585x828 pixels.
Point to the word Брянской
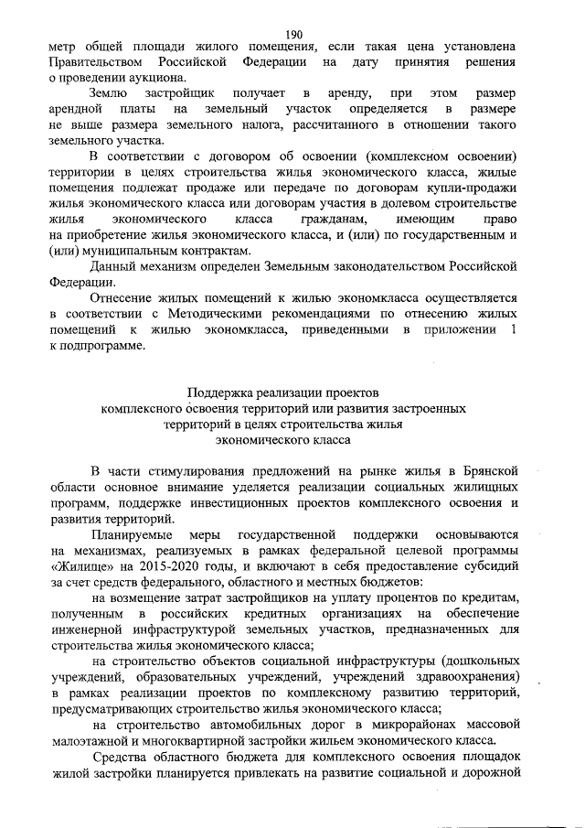tap(488, 469)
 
